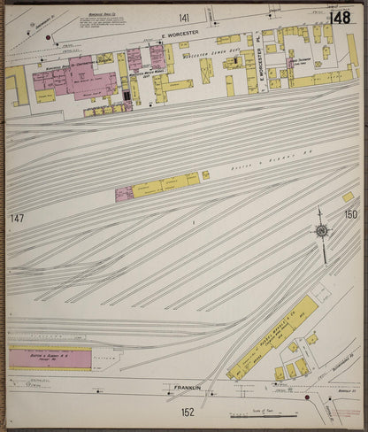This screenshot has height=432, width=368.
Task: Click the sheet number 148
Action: pos(338,18)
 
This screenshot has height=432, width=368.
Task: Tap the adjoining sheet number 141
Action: pos(184,18)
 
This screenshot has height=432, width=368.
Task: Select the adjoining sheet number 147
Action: pos(16,218)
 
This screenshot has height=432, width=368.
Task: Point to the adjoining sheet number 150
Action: pos(350,214)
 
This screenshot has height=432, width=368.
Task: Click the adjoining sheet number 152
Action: pos(187,412)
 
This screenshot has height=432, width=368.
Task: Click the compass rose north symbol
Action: pos(322,231)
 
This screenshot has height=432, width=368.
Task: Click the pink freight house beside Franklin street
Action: pos(50,359)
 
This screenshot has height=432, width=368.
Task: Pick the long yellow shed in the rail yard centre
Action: pos(165,185)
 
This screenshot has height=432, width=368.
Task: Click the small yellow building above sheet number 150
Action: pos(348,197)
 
